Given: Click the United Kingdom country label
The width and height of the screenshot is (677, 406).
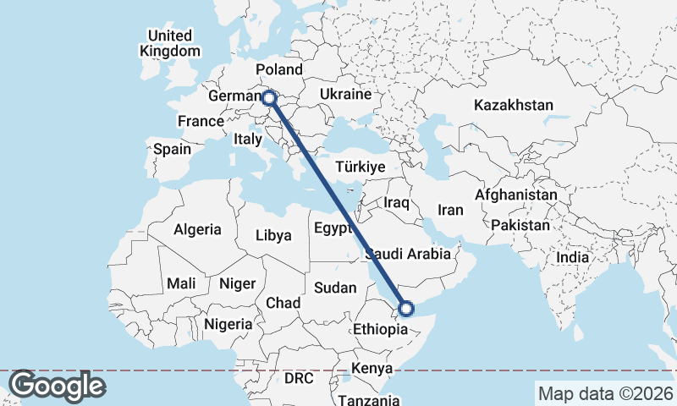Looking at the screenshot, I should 170,43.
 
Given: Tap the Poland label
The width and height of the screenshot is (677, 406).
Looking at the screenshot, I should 278,69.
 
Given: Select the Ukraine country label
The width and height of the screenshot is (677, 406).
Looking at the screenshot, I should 346,94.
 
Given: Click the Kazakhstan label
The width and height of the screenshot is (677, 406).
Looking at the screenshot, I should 514,106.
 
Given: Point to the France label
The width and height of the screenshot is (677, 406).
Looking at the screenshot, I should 201,121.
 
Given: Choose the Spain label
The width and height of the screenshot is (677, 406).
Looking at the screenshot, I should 172,150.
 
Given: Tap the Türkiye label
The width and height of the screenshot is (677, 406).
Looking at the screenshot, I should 361,166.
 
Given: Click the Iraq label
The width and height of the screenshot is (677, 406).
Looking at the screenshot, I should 396,203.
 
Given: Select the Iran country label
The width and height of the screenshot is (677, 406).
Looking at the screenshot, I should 450,210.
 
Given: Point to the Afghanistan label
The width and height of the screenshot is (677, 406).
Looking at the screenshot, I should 516,195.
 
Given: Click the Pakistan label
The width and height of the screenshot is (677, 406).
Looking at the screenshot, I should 520,226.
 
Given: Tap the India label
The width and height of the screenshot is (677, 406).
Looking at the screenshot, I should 572,257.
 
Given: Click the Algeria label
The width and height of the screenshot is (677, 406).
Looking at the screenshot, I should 197,229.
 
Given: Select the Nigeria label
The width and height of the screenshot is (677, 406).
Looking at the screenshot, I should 228,324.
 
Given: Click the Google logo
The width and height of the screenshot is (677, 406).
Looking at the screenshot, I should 56,386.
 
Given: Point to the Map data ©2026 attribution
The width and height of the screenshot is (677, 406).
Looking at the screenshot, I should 606,393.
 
